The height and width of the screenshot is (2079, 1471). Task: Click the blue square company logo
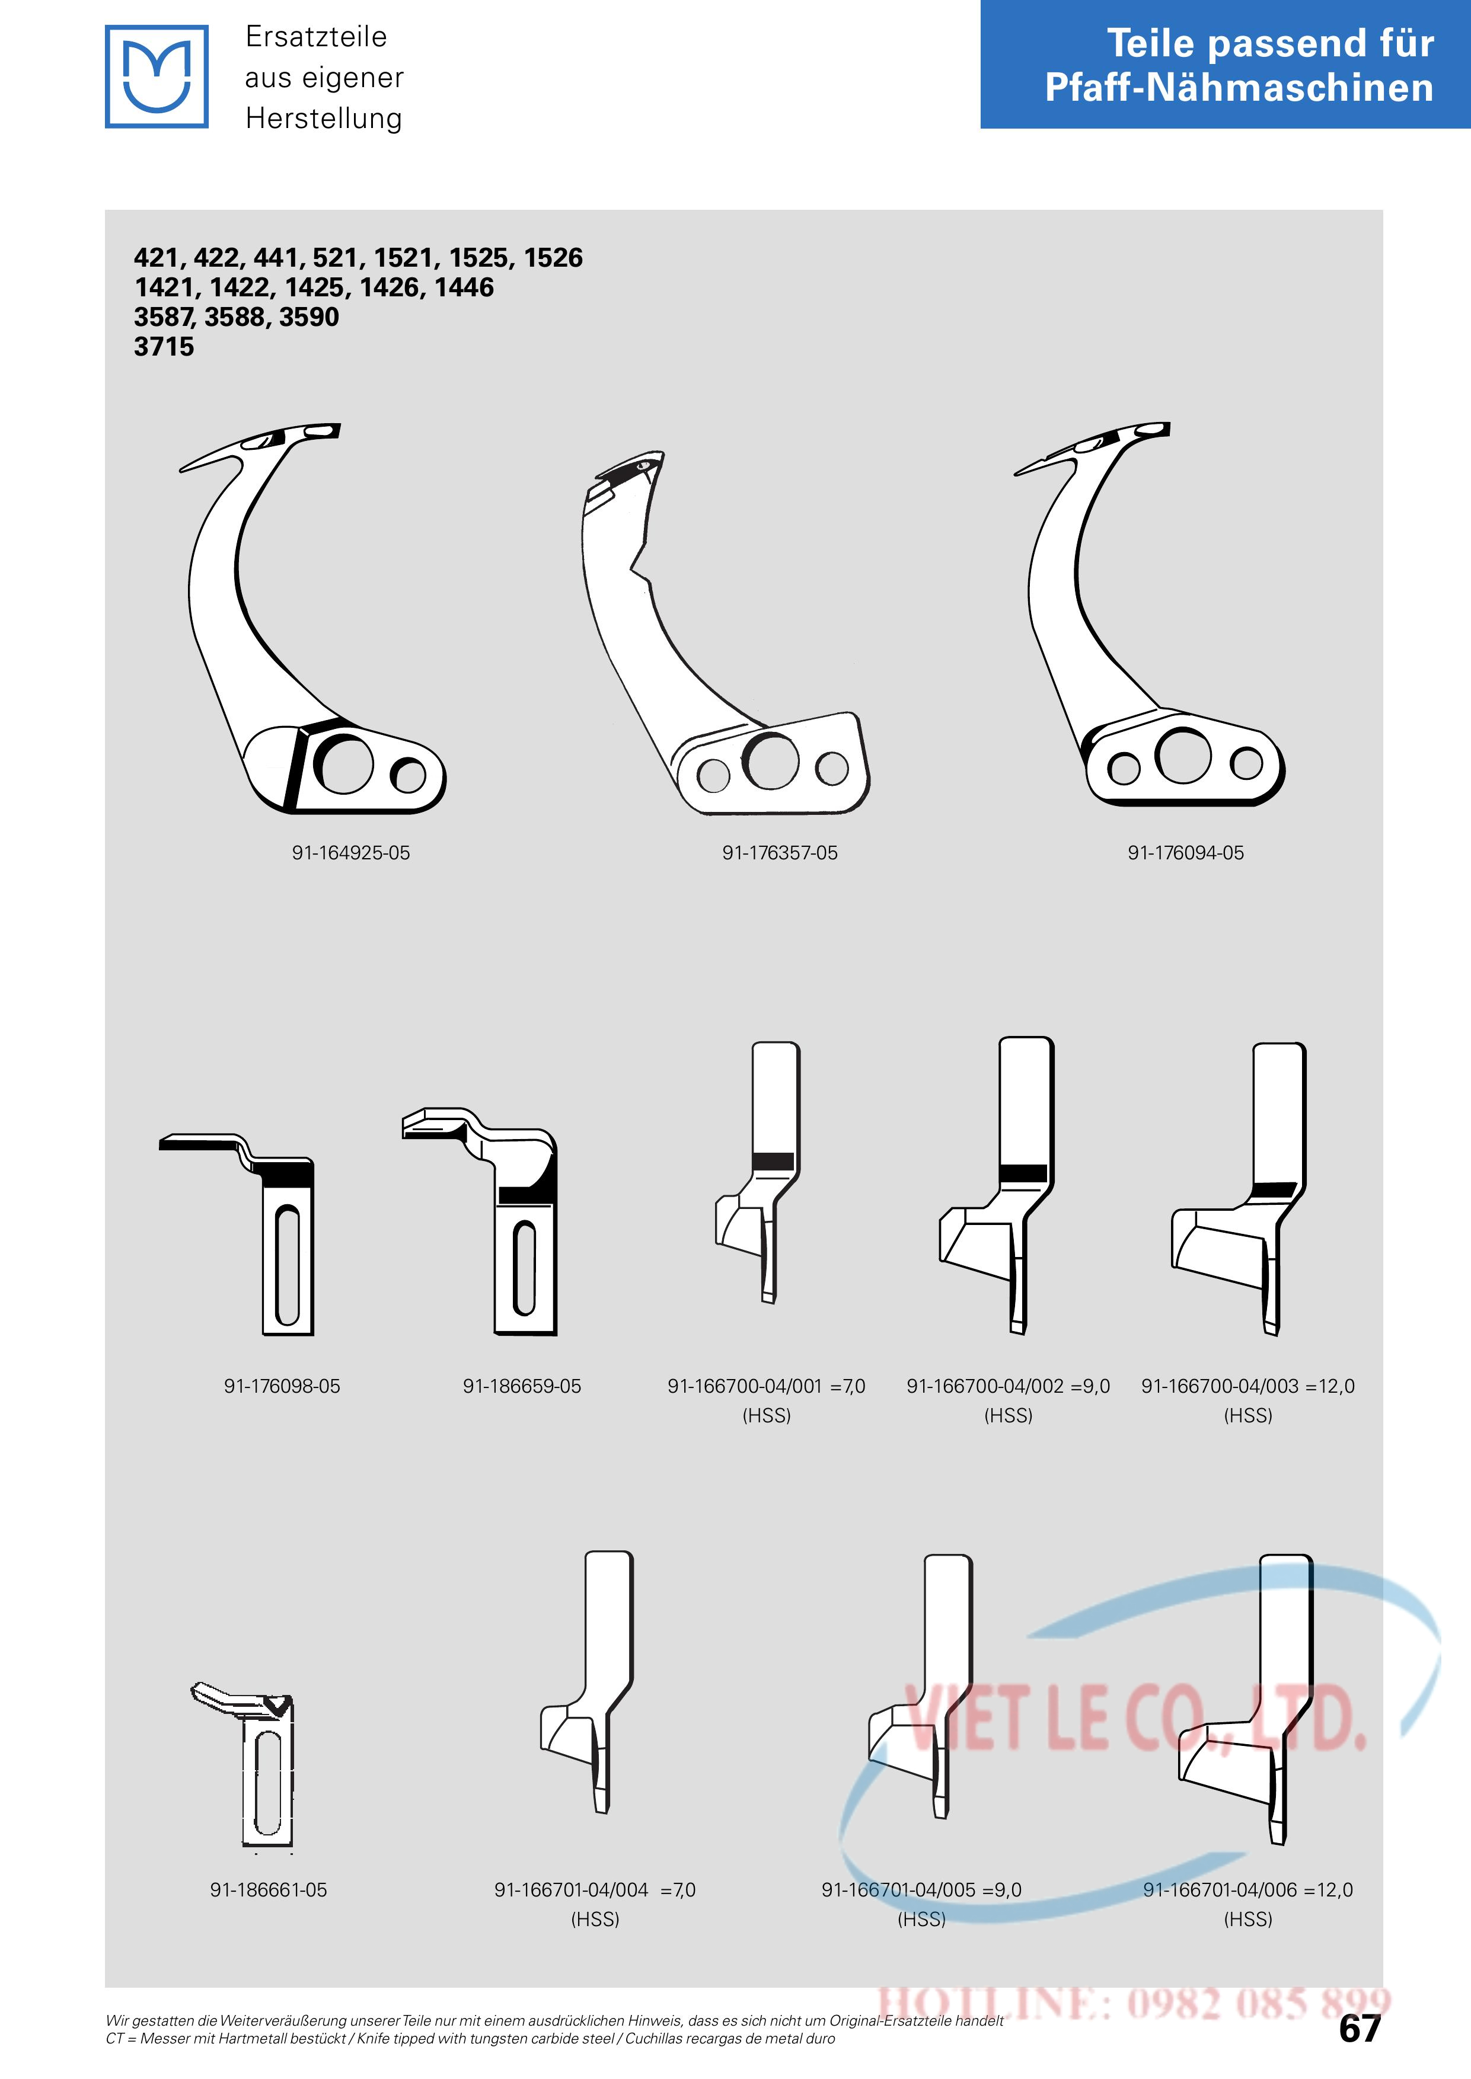[157, 76]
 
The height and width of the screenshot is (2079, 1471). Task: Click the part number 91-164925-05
[350, 853]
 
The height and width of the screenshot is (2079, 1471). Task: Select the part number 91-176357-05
[780, 853]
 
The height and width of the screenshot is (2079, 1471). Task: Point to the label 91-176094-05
[1186, 853]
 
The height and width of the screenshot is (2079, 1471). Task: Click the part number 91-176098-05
[282, 1386]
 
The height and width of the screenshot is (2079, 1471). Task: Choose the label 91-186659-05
[522, 1386]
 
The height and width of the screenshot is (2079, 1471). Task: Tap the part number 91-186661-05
[268, 1890]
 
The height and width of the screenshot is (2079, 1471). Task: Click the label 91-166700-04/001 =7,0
[766, 1386]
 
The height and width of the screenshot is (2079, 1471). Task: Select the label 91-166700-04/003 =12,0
[1248, 1386]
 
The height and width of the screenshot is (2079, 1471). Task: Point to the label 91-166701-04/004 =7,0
[595, 1890]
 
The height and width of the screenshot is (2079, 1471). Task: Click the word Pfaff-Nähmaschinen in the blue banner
[1239, 88]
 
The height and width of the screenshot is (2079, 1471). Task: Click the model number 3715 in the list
[164, 347]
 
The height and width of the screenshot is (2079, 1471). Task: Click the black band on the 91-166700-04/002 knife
[1023, 1173]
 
